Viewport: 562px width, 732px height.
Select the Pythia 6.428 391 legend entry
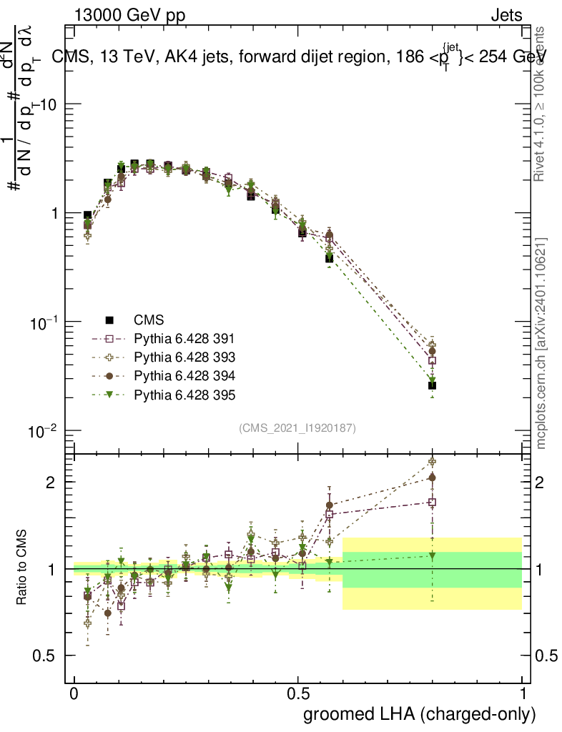click(184, 339)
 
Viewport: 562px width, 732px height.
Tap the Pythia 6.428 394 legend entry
click(184, 376)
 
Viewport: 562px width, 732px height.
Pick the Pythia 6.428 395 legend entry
click(184, 395)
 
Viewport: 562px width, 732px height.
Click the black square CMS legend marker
click(109, 320)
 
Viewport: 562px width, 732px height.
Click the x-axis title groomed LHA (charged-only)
click(420, 713)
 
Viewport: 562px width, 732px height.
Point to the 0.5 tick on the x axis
click(298, 693)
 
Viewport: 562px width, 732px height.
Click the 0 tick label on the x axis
click(74, 693)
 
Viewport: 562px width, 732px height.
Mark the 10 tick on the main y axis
click(49, 104)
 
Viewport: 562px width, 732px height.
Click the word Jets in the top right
click(506, 15)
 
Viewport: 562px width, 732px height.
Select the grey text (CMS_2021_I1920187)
click(297, 428)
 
